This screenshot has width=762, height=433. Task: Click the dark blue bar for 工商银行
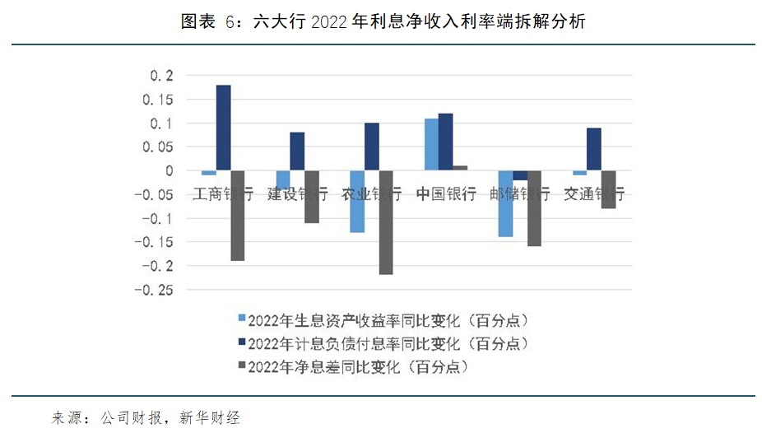(223, 128)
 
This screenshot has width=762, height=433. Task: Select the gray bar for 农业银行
(385, 222)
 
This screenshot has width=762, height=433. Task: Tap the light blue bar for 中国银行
(431, 144)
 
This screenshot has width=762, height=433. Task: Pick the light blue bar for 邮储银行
(504, 203)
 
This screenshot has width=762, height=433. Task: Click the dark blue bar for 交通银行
(593, 149)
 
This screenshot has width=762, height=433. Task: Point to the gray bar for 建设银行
(311, 197)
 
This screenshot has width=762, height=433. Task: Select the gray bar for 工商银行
(237, 216)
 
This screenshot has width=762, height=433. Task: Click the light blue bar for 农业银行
(356, 202)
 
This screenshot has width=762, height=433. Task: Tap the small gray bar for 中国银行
(460, 168)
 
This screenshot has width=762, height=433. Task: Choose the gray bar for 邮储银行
(534, 208)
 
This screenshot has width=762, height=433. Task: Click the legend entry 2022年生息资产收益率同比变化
(387, 319)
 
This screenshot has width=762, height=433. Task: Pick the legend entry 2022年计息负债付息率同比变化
(387, 342)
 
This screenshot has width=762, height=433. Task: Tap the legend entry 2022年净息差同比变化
(362, 365)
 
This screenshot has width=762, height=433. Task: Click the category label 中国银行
(445, 195)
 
